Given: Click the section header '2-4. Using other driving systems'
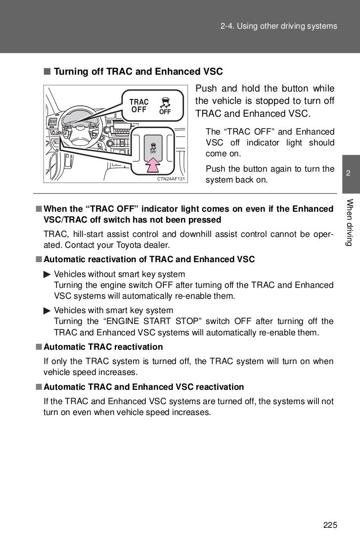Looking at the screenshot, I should [278, 26].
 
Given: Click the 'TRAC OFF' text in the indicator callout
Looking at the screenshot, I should [138, 106].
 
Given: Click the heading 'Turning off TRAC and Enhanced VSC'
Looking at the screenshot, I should [138, 72].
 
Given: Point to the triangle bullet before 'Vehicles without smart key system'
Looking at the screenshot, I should [46, 274].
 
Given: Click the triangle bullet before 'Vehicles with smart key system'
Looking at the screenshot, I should [46, 311].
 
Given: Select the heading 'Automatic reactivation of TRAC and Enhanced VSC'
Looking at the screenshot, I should [149, 259].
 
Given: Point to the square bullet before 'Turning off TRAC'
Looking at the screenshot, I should [46, 72].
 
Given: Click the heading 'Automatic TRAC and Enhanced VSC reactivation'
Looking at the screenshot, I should [143, 386].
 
